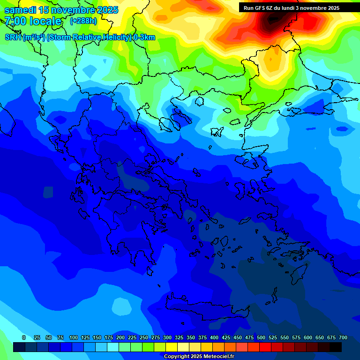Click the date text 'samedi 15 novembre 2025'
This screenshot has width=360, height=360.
point(61,10)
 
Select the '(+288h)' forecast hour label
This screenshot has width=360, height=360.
point(84,21)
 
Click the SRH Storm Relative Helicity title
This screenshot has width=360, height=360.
point(80,37)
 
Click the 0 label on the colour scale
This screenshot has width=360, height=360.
point(24,337)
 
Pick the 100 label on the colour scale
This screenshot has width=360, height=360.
point(74,337)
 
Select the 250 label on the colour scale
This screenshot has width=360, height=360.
point(144,337)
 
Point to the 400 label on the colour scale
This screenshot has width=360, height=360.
point(214,337)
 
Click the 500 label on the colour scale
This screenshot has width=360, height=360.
point(261,337)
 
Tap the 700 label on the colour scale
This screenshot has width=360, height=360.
point(343,337)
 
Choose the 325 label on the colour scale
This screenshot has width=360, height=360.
point(179,337)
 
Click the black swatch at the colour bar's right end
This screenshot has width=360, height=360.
point(336,347)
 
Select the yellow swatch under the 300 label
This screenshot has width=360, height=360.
point(172,347)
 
